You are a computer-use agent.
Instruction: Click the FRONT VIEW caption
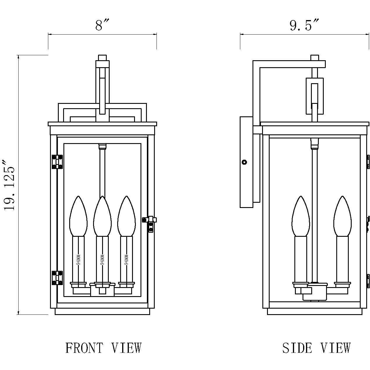pos(103,348)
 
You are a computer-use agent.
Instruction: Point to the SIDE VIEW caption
pos(316,348)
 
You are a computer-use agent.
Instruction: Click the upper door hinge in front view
pos(57,162)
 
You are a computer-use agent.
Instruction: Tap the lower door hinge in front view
pos(57,278)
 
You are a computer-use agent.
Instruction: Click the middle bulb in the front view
pos(102,216)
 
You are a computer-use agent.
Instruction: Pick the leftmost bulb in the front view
pos(78,216)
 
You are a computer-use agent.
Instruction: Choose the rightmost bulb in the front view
pos(127,216)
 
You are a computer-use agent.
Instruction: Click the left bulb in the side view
pos(300,216)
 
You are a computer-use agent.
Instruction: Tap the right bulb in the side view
pos(342,216)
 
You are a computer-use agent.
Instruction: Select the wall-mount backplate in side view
pos(246,162)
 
